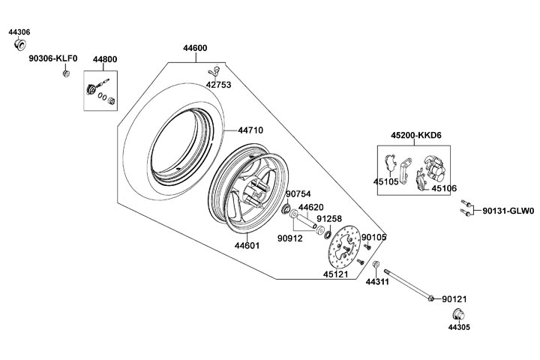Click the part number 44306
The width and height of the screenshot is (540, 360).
tap(19, 32)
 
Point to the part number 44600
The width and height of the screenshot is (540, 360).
tap(195, 48)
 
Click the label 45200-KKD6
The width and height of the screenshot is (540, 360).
tap(415, 135)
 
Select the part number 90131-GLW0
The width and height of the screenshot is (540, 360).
tap(508, 211)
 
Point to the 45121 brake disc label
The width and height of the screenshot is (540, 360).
tap(337, 274)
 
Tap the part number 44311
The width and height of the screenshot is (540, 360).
tap(376, 282)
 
